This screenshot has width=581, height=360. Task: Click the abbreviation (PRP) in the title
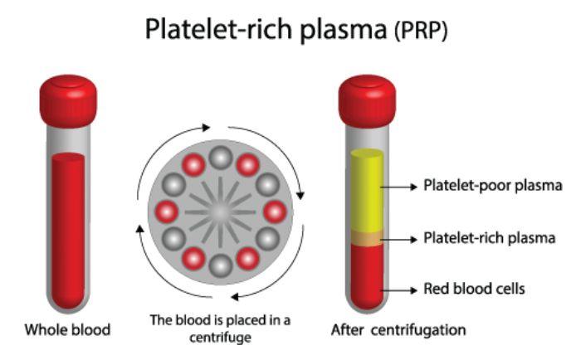(421, 31)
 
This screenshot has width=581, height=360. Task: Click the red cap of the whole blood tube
(68, 100)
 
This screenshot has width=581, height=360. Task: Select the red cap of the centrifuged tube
(367, 100)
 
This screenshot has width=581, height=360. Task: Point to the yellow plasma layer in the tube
(367, 191)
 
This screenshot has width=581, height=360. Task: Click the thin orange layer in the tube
(367, 239)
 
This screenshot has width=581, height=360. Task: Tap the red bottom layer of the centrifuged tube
(367, 277)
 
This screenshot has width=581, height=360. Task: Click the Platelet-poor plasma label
(493, 186)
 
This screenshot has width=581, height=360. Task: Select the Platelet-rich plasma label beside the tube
(489, 238)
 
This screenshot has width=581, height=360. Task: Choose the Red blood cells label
(474, 289)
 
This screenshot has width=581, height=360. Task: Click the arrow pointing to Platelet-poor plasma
(398, 187)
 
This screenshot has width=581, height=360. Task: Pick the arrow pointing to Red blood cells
(398, 290)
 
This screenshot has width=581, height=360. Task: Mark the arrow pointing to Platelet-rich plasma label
(398, 240)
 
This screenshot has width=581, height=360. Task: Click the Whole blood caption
(67, 329)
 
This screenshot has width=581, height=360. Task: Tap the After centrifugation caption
(398, 329)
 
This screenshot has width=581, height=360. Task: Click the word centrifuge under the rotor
(220, 338)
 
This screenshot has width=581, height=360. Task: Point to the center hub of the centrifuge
(221, 212)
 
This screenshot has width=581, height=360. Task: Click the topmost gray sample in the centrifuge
(221, 158)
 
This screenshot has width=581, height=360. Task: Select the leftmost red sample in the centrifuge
(166, 212)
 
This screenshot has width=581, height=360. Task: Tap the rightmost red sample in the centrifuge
(275, 212)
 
